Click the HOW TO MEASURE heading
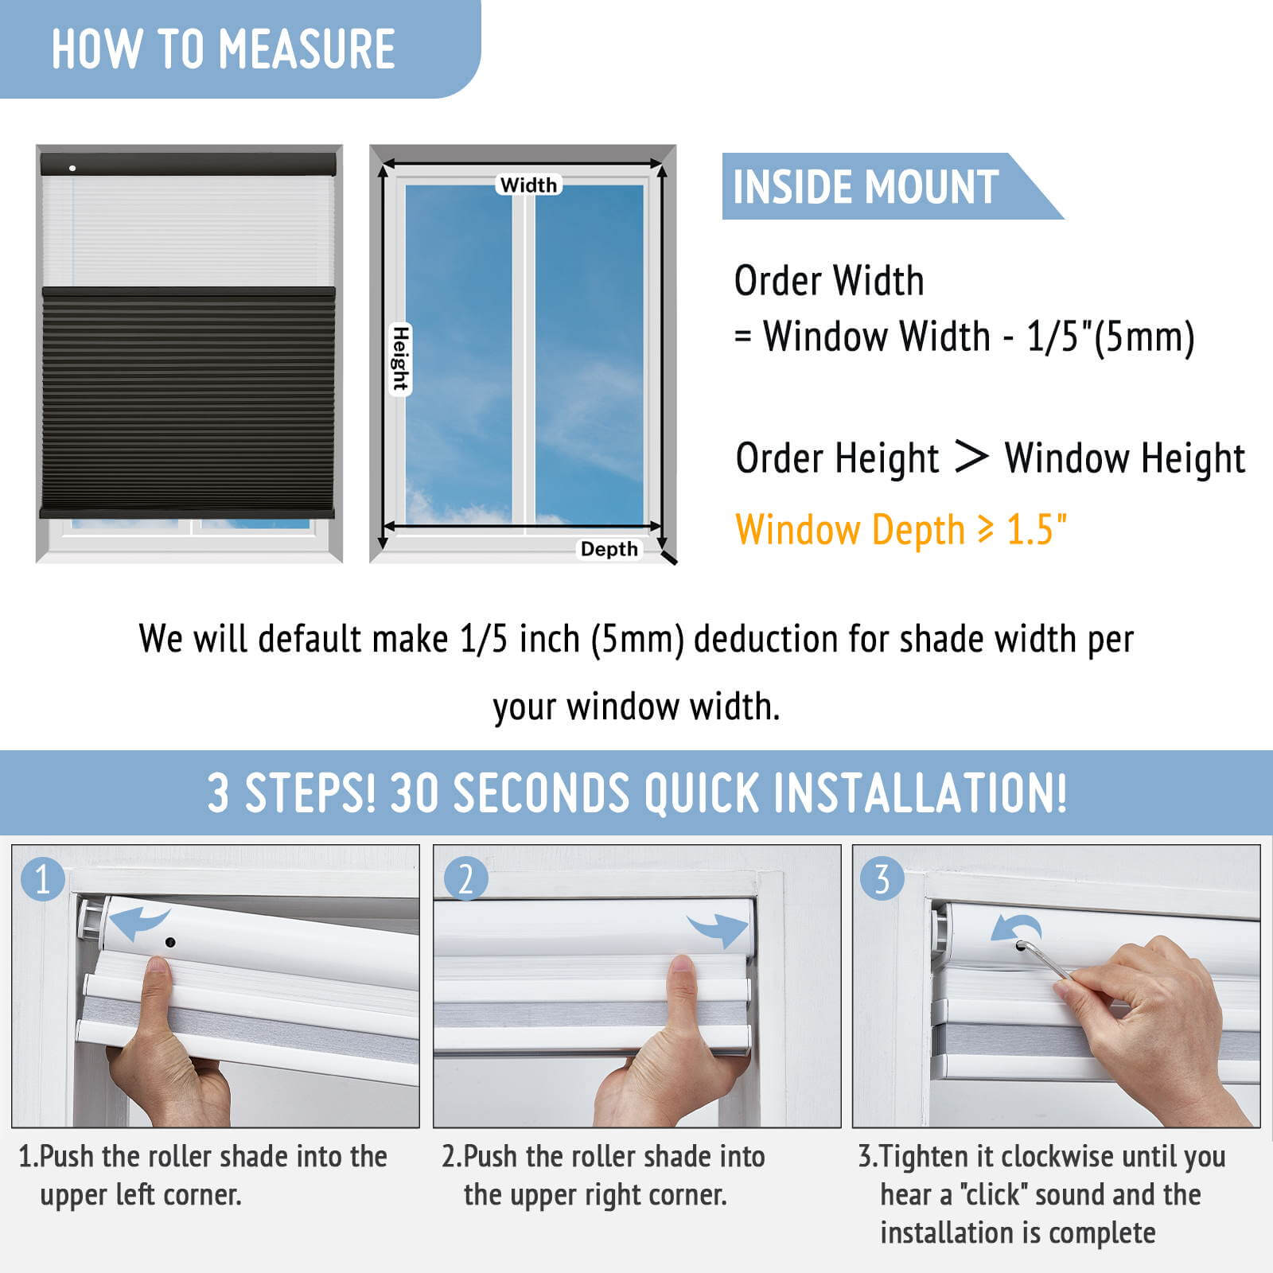pos(224,49)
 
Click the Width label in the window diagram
pos(528,185)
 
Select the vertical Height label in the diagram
pos(400,359)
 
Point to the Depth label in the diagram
pos(609,549)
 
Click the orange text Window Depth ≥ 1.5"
pos(901,531)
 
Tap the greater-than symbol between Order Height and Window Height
pos(971,457)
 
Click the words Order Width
pos(829,281)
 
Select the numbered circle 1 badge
pos(42,879)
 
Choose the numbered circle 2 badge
pos(465,879)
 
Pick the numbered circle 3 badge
pos(882,879)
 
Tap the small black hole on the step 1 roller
pos(170,942)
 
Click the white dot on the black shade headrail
pos(72,168)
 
